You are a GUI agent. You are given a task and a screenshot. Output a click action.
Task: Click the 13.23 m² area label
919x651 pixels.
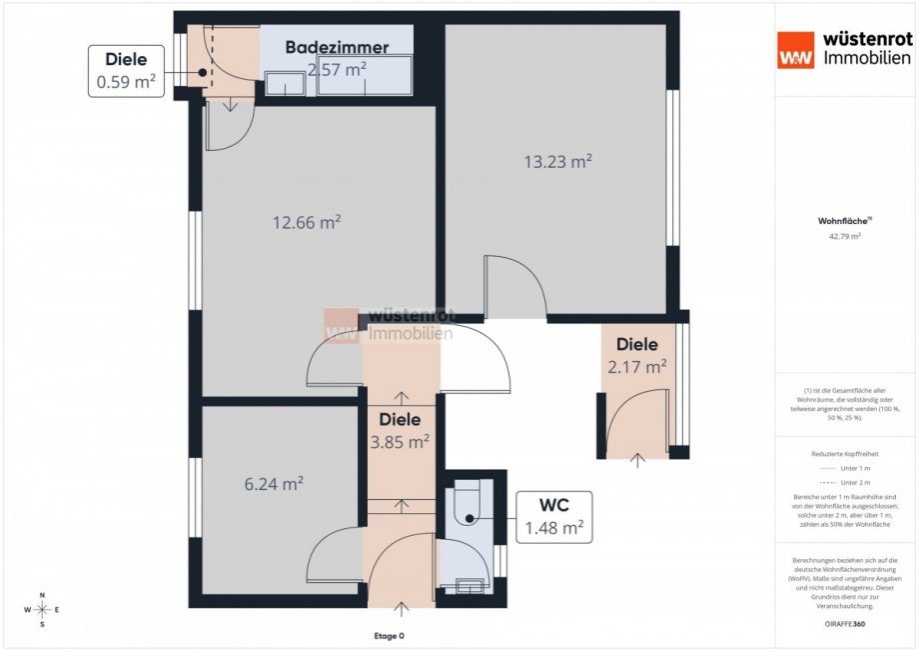coord(558,161)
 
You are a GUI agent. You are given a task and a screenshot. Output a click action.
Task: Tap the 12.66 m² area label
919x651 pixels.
coord(307,222)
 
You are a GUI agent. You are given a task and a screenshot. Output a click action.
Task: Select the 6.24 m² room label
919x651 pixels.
coord(274,484)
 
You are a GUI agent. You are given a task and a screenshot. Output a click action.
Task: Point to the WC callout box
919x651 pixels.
coord(553,516)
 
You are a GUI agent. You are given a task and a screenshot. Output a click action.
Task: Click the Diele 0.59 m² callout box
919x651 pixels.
coord(126,71)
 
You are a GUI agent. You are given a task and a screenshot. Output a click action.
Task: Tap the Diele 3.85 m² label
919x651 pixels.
coord(401,430)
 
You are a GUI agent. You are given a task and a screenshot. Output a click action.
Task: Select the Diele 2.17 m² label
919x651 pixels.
coord(637,356)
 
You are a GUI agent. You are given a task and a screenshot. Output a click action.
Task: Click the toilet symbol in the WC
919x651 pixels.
coord(466,505)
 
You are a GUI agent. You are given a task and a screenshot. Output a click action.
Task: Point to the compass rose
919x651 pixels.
coord(43,609)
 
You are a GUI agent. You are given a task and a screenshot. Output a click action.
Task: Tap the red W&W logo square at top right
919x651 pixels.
coord(796,49)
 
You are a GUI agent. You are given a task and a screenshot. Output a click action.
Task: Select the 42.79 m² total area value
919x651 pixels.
coord(845,237)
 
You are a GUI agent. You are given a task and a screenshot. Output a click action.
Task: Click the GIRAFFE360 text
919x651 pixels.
coord(845,623)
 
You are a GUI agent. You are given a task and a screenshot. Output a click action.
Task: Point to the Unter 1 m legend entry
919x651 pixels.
coord(845,468)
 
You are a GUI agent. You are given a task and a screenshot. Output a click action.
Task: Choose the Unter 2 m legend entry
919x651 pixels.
coord(845,482)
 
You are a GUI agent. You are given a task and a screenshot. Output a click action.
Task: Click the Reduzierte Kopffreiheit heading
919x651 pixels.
coord(845,454)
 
